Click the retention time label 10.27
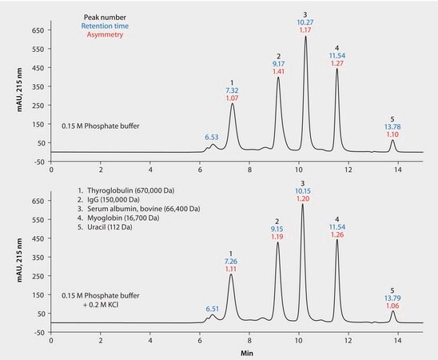(x=305, y=23)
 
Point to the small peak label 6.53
(x=211, y=137)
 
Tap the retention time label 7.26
(x=232, y=240)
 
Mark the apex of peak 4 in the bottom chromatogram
(x=336, y=239)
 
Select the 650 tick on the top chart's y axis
(x=36, y=30)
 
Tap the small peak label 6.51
(x=211, y=308)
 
